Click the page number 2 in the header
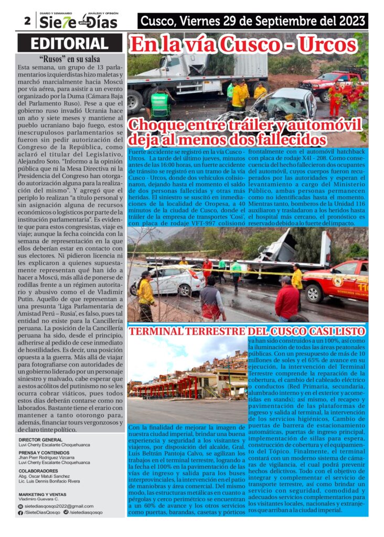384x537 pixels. click(x=26, y=21)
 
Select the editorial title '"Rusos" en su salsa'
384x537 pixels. click(x=70, y=59)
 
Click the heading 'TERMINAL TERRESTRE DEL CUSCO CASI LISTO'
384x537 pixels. click(x=247, y=332)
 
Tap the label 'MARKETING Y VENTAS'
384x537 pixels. click(x=42, y=494)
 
